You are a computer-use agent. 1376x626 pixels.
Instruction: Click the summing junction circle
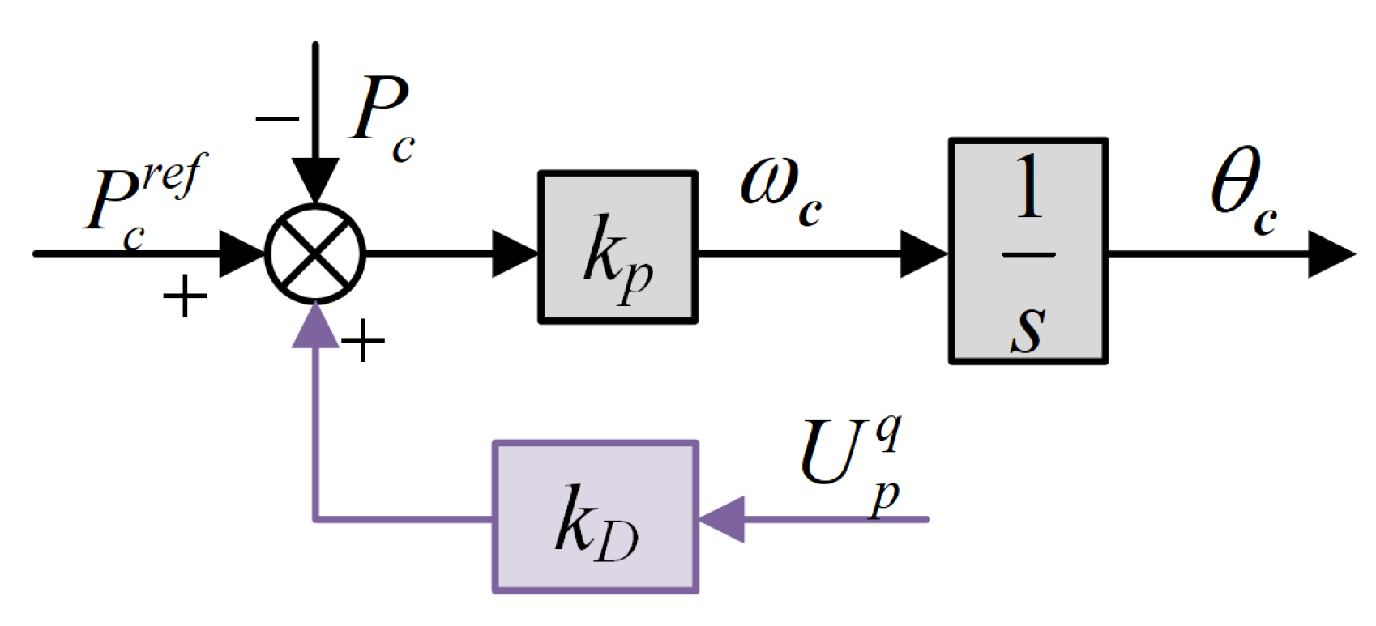[315, 253]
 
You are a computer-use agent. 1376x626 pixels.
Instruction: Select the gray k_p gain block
[617, 248]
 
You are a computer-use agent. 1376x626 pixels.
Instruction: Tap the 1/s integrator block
[1028, 251]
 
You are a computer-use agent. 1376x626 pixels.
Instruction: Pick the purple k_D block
[596, 517]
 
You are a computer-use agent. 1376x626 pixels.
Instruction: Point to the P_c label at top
[382, 117]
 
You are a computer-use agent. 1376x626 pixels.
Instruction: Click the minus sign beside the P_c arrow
[277, 120]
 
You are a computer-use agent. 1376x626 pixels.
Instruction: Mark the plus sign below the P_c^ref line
[185, 296]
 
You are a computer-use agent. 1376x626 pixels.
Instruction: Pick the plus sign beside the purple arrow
[362, 341]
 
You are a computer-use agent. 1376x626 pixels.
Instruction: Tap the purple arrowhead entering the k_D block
[721, 518]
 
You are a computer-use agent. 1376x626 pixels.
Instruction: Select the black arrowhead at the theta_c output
[1330, 254]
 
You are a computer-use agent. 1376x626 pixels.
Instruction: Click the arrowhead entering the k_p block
[515, 254]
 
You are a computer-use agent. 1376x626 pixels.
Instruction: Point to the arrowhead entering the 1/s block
[924, 254]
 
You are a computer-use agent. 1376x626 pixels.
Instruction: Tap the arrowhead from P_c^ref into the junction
[242, 254]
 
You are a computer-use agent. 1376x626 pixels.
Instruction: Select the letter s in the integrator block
[1028, 328]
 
